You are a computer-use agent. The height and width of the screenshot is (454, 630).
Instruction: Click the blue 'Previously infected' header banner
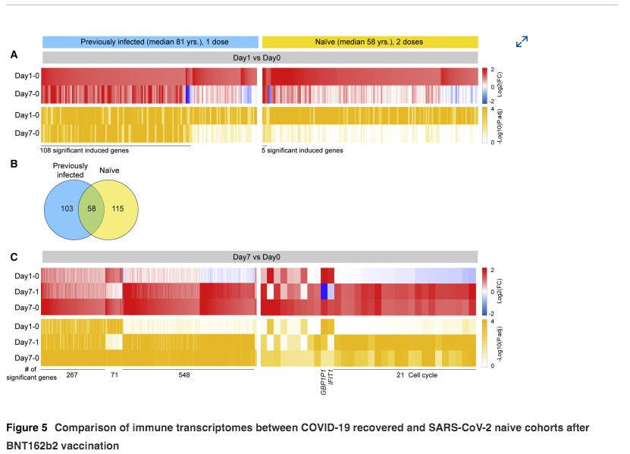point(150,41)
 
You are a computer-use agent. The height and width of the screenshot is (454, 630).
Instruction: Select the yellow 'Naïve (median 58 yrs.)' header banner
point(370,41)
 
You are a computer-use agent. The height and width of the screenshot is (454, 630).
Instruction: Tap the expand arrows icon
point(522,42)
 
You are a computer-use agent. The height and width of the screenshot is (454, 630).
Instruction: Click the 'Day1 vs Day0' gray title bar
point(259,58)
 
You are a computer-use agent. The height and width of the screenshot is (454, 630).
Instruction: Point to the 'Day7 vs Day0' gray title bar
point(259,257)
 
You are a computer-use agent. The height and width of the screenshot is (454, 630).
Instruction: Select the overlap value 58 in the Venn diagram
point(91,208)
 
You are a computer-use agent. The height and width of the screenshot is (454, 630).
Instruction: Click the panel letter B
point(14,161)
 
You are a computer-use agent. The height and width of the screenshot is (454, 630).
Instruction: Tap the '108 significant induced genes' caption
point(77,150)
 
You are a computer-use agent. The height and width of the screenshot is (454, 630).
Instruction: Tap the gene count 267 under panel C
point(72,375)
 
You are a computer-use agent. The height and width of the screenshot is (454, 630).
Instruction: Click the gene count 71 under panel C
point(114,375)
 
